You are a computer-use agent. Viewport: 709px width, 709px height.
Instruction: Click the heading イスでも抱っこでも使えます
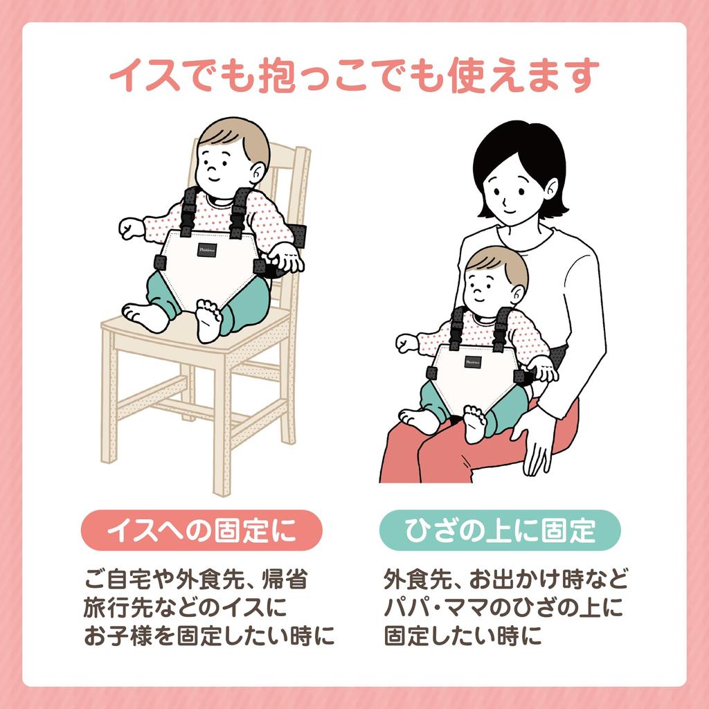point(354,75)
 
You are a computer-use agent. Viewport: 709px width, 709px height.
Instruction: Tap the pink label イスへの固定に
point(201,530)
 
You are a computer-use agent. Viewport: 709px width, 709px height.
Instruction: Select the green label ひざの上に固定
point(500,530)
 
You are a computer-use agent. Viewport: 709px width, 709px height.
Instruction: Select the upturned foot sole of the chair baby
point(208,322)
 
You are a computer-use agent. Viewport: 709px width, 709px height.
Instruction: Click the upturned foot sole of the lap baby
point(474,423)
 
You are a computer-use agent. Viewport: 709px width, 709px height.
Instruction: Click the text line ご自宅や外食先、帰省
point(196,578)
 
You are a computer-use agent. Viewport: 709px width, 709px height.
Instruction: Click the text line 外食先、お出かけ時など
point(505,578)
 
